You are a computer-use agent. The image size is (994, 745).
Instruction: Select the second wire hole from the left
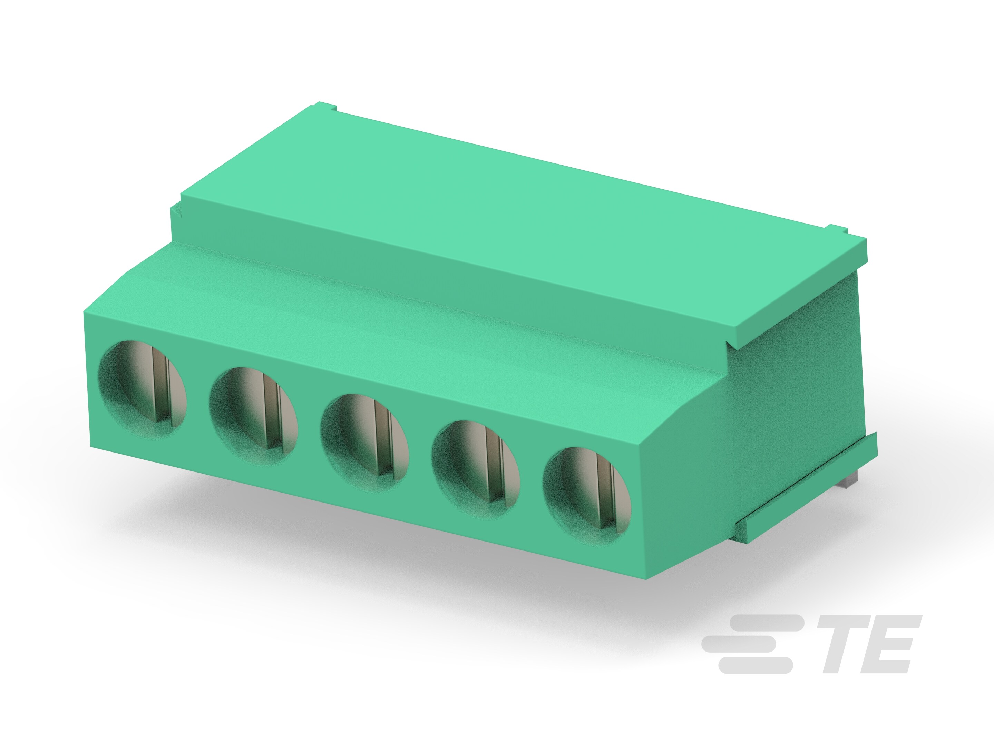pos(253,416)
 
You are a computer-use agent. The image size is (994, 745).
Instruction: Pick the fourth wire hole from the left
pos(476,469)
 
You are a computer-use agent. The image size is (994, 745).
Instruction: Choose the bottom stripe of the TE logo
pos(755,665)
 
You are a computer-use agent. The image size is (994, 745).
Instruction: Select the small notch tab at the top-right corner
pos(838,230)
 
